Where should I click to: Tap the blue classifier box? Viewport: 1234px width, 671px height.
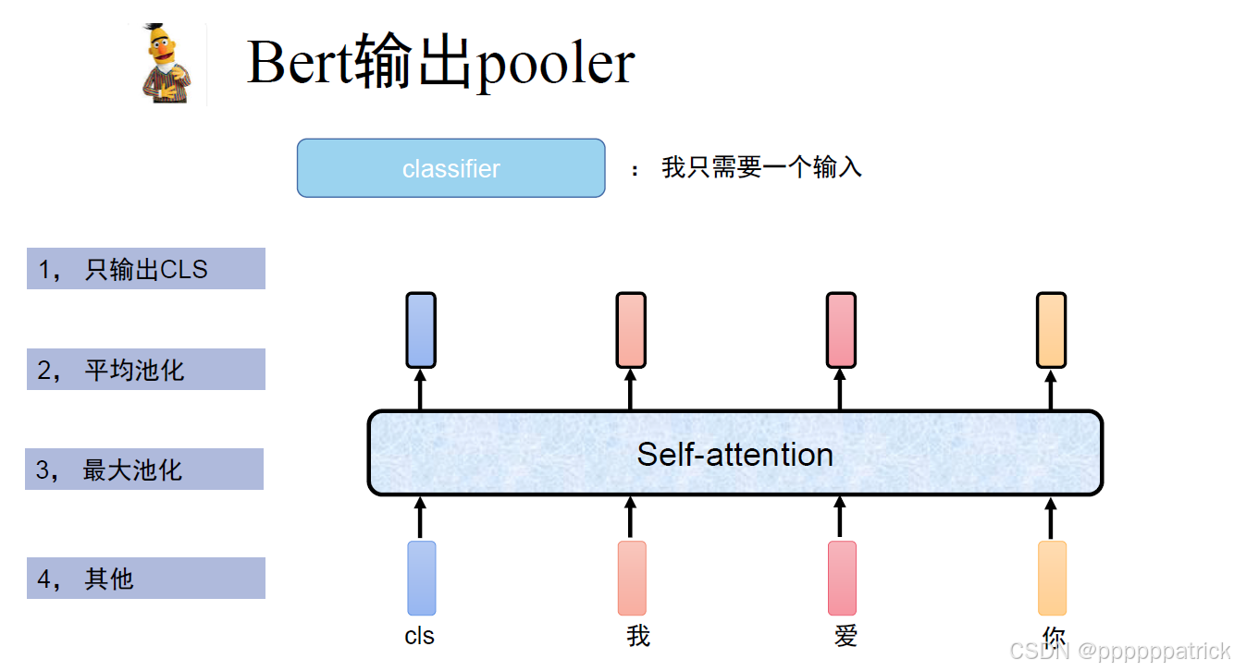pyautogui.click(x=450, y=168)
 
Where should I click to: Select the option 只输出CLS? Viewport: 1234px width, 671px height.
pyautogui.click(x=146, y=269)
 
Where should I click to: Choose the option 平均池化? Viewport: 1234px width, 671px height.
pyautogui.click(x=146, y=370)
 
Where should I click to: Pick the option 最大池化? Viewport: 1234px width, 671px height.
pyautogui.click(x=144, y=470)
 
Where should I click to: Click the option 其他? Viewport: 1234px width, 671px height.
pyautogui.click(x=146, y=579)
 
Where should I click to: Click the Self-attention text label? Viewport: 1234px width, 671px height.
pyautogui.click(x=734, y=454)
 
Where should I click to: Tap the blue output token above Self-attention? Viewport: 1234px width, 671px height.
pyautogui.click(x=421, y=330)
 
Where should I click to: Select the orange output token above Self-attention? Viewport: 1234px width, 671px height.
pyautogui.click(x=1051, y=330)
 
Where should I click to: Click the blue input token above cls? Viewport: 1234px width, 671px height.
pyautogui.click(x=421, y=579)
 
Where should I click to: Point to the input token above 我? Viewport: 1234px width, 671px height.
pyautogui.click(x=632, y=579)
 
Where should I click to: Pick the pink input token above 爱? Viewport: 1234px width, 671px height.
pyautogui.click(x=842, y=579)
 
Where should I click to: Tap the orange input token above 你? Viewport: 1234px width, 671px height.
pyautogui.click(x=1052, y=579)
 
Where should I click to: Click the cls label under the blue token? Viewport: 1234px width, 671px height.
pyautogui.click(x=420, y=636)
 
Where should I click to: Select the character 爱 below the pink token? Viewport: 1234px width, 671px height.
pyautogui.click(x=845, y=636)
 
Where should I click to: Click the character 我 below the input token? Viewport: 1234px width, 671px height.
pyautogui.click(x=638, y=636)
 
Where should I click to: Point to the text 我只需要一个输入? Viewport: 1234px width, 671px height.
pyautogui.click(x=761, y=167)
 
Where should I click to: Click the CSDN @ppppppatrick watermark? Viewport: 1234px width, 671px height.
pyautogui.click(x=1119, y=651)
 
